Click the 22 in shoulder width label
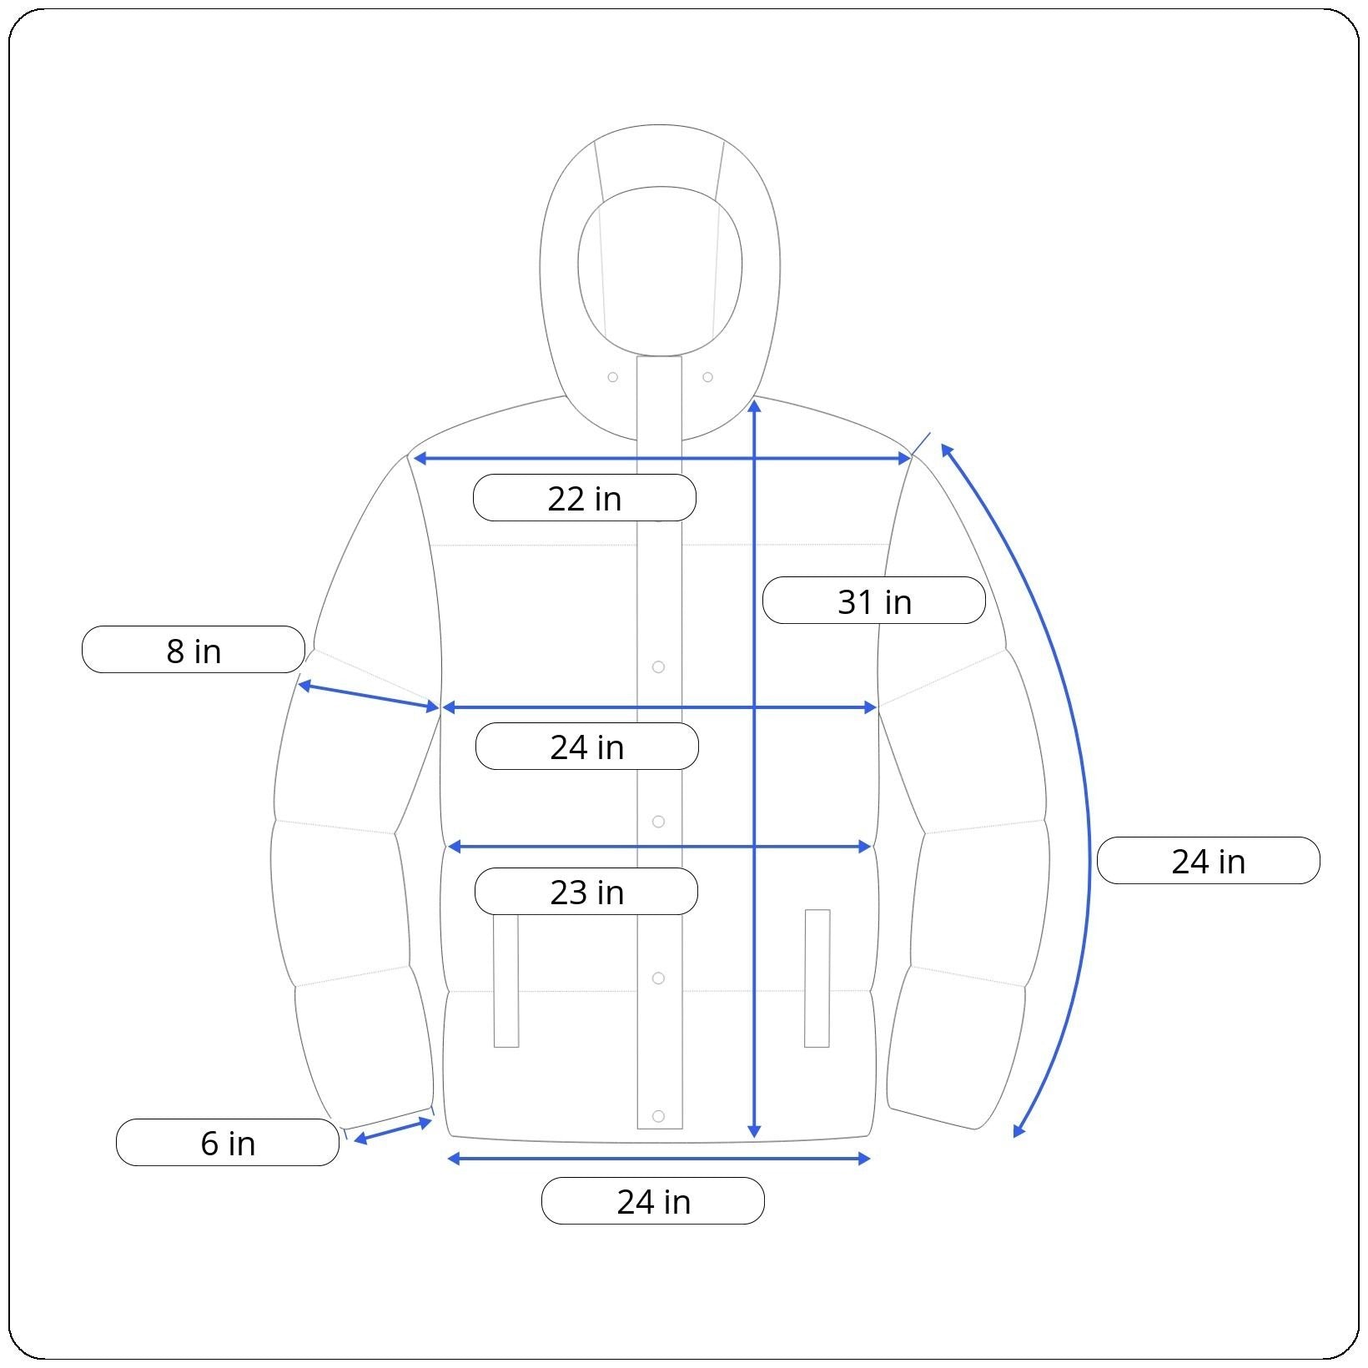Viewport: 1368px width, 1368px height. (585, 498)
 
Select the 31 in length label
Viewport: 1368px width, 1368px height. (874, 601)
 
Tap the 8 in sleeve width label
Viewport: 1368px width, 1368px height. (194, 650)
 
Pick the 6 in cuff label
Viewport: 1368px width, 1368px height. (228, 1142)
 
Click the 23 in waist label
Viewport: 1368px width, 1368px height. (586, 892)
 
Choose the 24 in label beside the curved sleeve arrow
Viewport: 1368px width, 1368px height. (1209, 861)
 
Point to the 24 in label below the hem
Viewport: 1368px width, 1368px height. (653, 1201)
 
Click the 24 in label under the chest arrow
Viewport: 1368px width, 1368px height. (587, 747)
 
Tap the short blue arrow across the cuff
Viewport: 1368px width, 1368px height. (393, 1130)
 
